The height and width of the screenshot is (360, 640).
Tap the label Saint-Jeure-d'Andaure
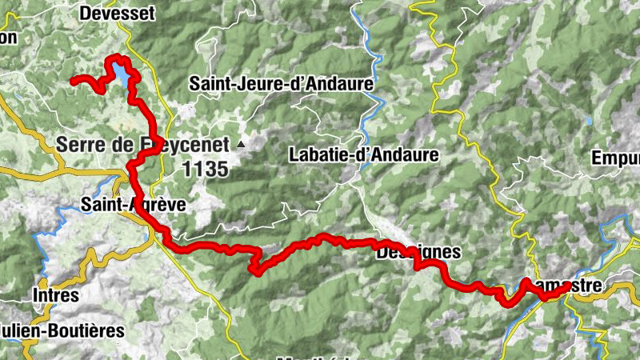coord(282,83)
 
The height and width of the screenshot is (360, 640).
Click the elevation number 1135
coord(206,169)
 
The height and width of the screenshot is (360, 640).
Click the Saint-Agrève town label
coord(134,205)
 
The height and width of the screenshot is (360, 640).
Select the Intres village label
coord(55,295)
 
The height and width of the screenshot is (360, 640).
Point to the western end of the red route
coord(73,80)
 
